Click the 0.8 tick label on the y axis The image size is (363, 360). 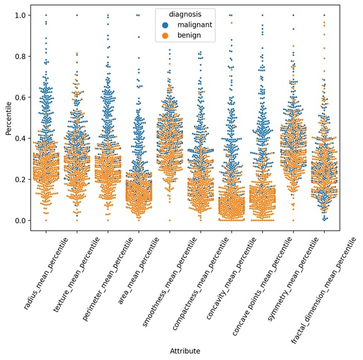click(20, 56)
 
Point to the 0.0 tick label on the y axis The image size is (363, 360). click(20, 221)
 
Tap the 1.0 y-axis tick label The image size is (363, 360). click(20, 15)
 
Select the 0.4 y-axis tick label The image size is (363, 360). click(20, 138)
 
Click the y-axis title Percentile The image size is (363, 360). click(9, 118)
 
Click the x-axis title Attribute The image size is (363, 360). click(185, 351)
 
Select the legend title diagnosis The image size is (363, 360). click(185, 14)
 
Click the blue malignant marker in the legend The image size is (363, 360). click(165, 25)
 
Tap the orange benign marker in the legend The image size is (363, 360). click(165, 35)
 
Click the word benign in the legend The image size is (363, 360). click(189, 35)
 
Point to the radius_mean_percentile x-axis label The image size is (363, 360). click(46, 273)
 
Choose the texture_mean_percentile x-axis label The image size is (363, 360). click(76, 275)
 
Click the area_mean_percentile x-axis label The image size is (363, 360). click(138, 271)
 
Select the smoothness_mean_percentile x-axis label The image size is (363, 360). click(169, 282)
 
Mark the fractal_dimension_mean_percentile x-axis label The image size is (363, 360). click(323, 290)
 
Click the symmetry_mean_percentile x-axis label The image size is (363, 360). click(293, 279)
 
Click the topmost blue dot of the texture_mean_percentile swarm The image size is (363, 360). click(77, 15)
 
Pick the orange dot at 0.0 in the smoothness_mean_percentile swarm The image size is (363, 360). click(170, 221)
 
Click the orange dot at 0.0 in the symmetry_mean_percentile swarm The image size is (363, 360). click(293, 221)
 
